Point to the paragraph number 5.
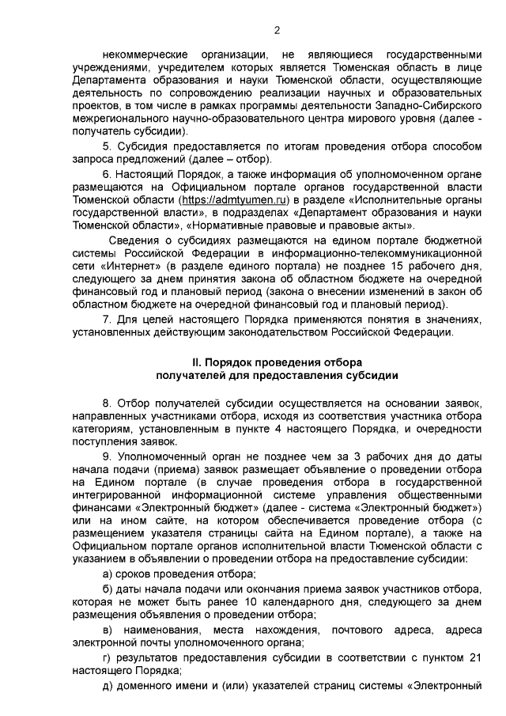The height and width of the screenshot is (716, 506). (x=107, y=147)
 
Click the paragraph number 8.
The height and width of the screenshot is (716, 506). (x=107, y=404)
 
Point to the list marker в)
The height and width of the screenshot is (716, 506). (x=111, y=631)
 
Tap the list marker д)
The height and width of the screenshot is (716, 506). (x=111, y=684)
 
